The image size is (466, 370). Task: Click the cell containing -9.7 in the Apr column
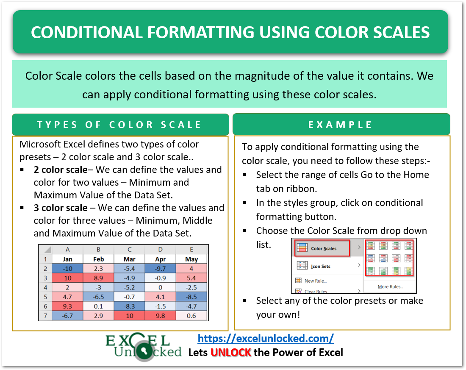pos(161,268)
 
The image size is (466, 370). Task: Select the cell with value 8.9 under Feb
pos(98,278)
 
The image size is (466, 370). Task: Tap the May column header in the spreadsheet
pos(191,259)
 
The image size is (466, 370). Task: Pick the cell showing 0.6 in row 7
pos(191,315)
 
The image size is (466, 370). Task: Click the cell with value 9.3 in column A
pos(67,306)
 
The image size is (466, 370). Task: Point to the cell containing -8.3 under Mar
pos(129,306)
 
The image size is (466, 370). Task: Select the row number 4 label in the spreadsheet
pos(45,287)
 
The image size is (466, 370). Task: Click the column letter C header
pos(129,249)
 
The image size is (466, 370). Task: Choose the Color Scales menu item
pos(323,248)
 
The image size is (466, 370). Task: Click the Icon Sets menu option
pos(320,266)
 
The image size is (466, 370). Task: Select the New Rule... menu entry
pos(315,281)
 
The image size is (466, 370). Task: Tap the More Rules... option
pos(390,287)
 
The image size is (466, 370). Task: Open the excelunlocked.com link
pos(266,338)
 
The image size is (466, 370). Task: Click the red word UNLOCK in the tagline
pos(231,352)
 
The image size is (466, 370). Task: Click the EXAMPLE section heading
pos(341,125)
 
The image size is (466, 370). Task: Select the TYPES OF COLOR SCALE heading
pos(119,125)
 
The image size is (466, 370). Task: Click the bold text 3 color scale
pos(61,208)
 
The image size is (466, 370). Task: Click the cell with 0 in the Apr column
pos(161,287)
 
